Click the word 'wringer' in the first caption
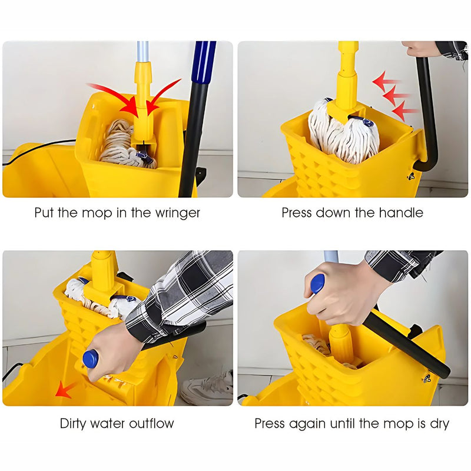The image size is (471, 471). coord(178,213)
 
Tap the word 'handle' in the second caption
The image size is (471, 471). coord(401,213)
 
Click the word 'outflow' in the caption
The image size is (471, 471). coord(151,423)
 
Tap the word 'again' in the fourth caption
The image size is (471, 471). coord(307,424)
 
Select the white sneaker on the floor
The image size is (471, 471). coord(207,387)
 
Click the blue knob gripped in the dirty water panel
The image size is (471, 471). coord(91,359)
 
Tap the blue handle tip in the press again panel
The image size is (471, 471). coord(318,284)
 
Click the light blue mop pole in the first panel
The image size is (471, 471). coord(142,52)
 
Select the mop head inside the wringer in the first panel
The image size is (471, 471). coord(127,145)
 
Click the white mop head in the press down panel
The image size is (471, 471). coord(344,131)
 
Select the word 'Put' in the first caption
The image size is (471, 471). coord(44,213)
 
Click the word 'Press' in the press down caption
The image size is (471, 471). coord(297,213)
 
